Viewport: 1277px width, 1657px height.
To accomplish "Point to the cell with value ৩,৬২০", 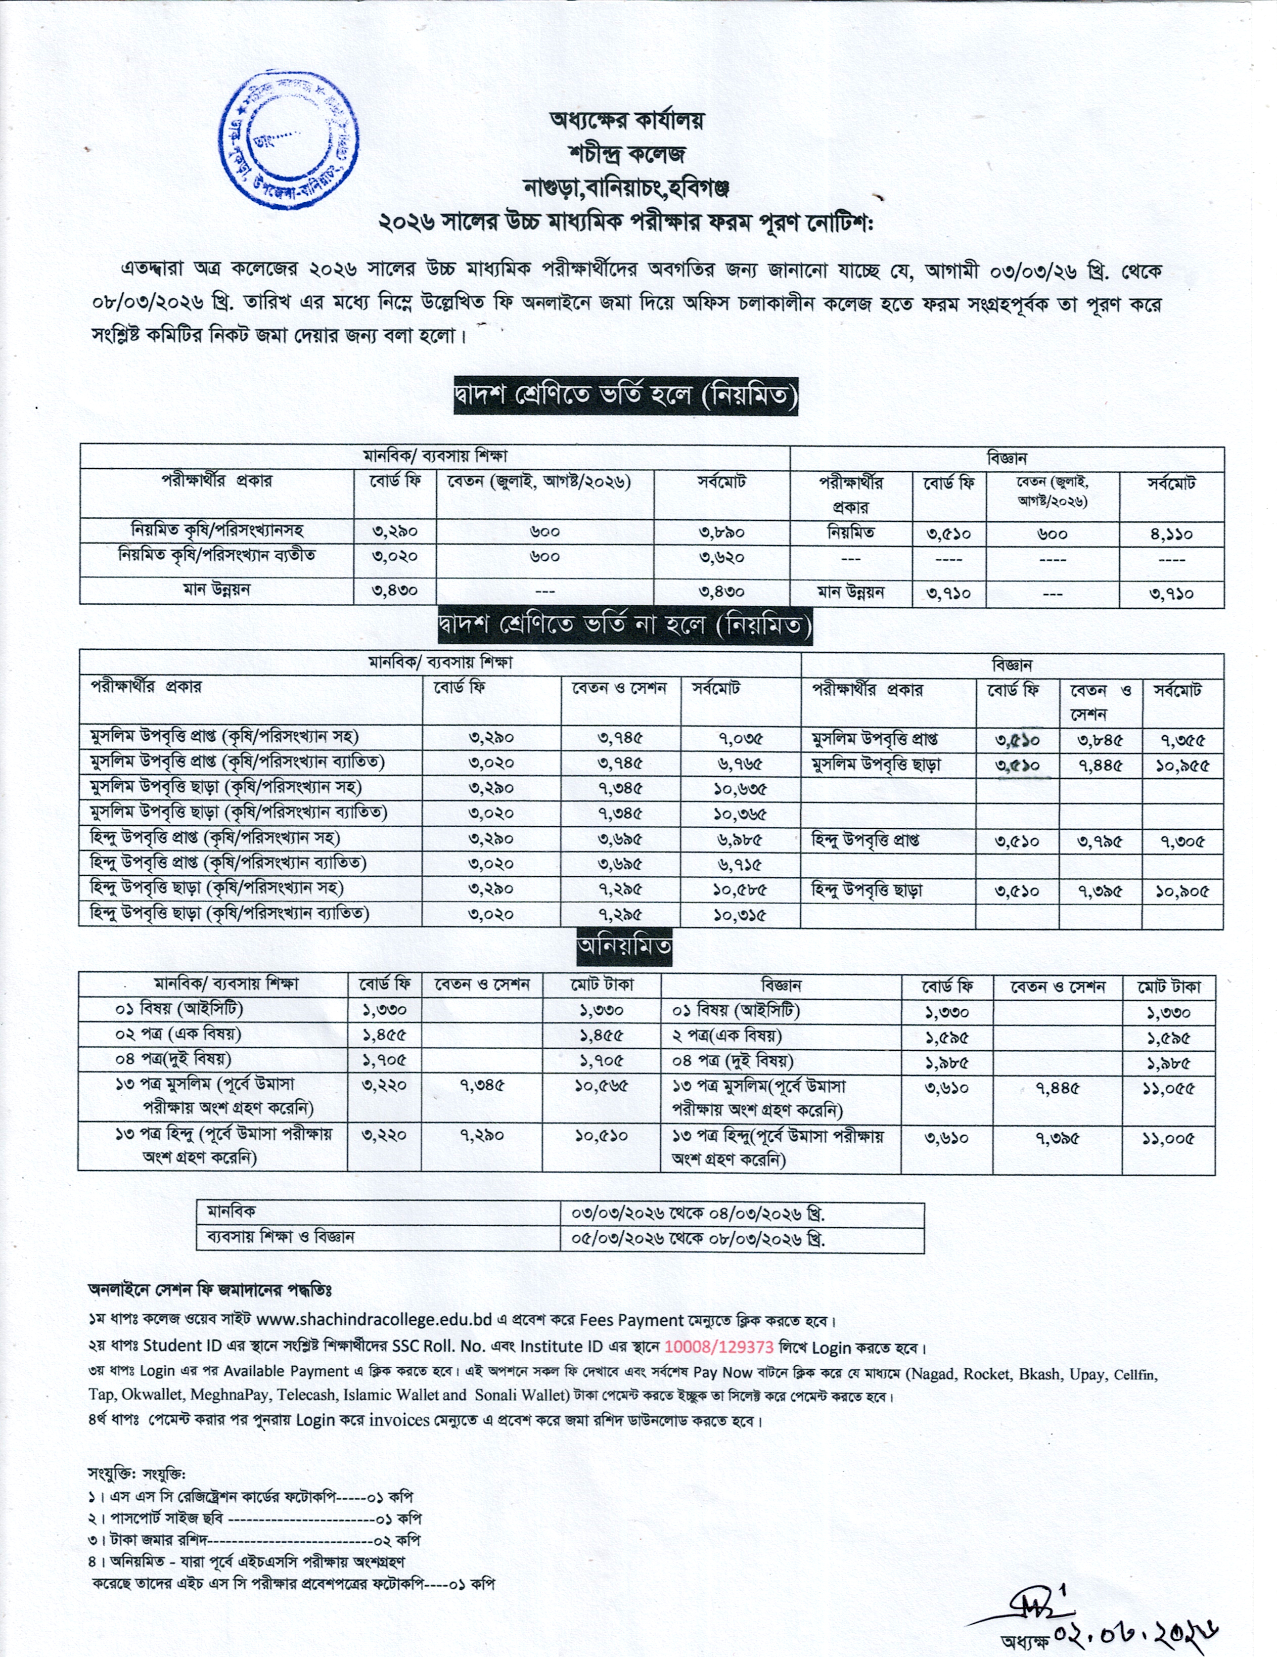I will [x=721, y=558].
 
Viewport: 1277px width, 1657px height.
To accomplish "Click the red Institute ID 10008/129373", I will [x=718, y=1348].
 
